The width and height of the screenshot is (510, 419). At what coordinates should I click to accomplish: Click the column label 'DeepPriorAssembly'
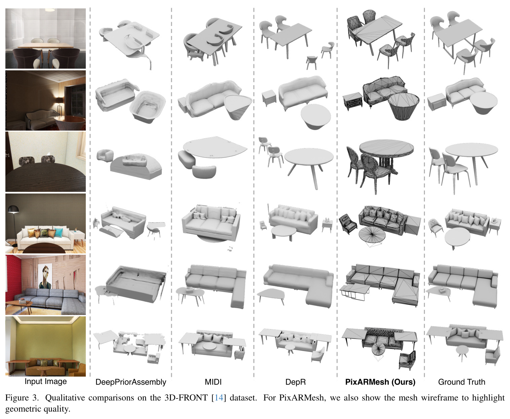point(131,382)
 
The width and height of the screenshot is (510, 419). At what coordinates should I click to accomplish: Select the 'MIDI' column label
point(213,382)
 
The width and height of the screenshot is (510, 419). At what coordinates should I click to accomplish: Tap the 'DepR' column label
point(295,382)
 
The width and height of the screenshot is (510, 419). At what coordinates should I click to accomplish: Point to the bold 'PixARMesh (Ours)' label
point(380,382)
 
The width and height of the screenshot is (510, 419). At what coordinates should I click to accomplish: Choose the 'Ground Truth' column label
point(462,382)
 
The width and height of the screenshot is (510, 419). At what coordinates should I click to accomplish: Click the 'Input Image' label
point(46,382)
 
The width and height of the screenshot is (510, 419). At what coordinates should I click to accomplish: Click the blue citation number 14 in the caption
point(219,398)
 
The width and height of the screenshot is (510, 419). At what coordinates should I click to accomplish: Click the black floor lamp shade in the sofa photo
point(14,209)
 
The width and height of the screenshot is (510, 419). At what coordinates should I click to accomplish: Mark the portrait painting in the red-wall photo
point(45,276)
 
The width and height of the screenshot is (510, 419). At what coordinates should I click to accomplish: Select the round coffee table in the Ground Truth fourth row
point(458,237)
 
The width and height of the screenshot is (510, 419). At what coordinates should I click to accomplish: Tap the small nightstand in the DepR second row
point(269,98)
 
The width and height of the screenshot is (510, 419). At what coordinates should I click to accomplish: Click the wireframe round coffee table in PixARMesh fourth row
point(372,235)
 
